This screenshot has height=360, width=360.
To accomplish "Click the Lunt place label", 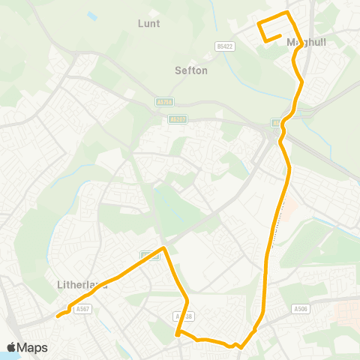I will [x=149, y=23].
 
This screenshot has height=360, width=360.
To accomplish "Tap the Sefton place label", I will [x=190, y=70].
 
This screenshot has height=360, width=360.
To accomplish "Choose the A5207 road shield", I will [x=178, y=118].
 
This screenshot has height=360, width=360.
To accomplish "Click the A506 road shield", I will [x=301, y=308].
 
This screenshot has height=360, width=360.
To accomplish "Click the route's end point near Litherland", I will [x=58, y=316].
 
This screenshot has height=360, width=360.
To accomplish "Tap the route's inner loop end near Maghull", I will [x=280, y=35].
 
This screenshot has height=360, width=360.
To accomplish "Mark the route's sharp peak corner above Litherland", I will [x=164, y=248].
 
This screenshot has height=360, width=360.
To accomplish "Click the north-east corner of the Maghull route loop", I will [x=287, y=13].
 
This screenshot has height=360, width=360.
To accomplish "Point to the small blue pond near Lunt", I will [x=91, y=15].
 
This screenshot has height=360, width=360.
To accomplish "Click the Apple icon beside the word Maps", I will [x=12, y=347].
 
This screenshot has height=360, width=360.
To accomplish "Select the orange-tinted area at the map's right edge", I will [x=351, y=314].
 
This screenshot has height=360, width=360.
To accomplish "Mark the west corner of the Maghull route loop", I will [x=259, y=24].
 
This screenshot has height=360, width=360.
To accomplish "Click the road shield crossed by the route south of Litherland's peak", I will [x=183, y=316].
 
